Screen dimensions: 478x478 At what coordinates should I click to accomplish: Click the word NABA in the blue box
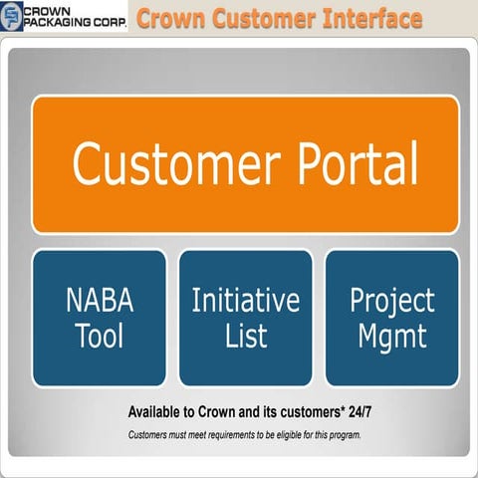tap(99, 302)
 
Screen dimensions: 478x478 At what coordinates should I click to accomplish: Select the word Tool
tap(99, 336)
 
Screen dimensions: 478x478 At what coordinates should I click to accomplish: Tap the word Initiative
tap(245, 302)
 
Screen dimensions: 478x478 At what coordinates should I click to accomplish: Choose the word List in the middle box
tap(245, 336)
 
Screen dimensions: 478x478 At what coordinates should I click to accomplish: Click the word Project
tap(392, 302)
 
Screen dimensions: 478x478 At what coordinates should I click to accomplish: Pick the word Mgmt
tap(392, 336)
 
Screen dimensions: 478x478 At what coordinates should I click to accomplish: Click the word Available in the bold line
tap(161, 411)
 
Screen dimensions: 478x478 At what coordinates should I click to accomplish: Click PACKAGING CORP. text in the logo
tap(75, 23)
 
